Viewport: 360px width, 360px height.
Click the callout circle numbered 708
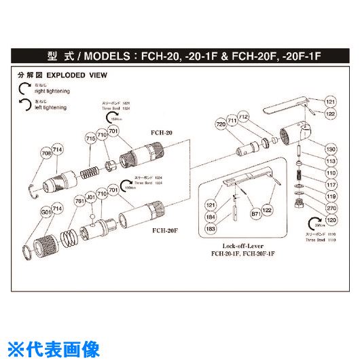(x=46, y=154)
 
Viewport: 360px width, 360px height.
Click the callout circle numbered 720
(x=221, y=125)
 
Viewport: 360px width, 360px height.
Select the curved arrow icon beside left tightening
(x=24, y=104)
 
